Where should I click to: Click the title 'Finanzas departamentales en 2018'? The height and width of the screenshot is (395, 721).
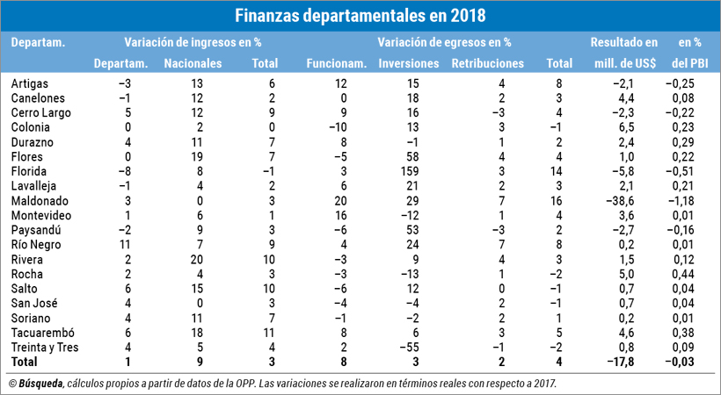tap(360, 16)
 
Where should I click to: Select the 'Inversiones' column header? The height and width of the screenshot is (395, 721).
tap(408, 63)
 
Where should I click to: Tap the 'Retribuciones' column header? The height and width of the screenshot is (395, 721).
tap(487, 63)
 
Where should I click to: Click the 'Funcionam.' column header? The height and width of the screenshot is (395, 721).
tap(336, 63)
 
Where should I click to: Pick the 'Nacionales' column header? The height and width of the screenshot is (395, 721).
tap(193, 63)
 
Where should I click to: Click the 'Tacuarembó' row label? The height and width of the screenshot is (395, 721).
tap(42, 333)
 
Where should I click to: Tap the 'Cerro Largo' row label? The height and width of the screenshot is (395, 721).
tap(41, 112)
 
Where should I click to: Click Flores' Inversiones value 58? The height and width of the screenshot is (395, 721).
tap(408, 156)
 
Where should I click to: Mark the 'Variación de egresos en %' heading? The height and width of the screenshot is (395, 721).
tap(444, 41)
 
